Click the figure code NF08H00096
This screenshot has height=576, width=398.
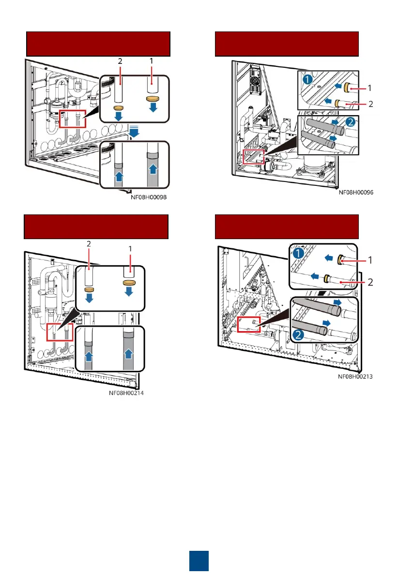point(356,193)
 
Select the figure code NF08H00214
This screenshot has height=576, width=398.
point(127,394)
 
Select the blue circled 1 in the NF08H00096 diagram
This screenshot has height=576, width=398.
point(305,77)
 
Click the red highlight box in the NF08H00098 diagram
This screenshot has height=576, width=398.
point(73,118)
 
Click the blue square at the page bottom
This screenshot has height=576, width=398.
point(199,560)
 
